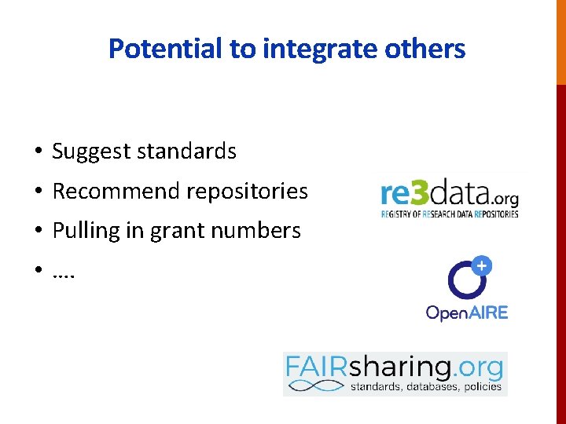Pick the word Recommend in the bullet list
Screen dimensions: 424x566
point(114,191)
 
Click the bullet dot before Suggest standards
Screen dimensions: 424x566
point(38,152)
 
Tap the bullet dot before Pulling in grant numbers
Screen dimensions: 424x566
point(38,232)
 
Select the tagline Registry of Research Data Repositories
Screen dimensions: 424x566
point(450,214)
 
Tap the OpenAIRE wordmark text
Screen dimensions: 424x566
point(467,313)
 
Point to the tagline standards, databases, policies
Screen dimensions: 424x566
point(425,386)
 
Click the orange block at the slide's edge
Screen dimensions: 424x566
point(560,42)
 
